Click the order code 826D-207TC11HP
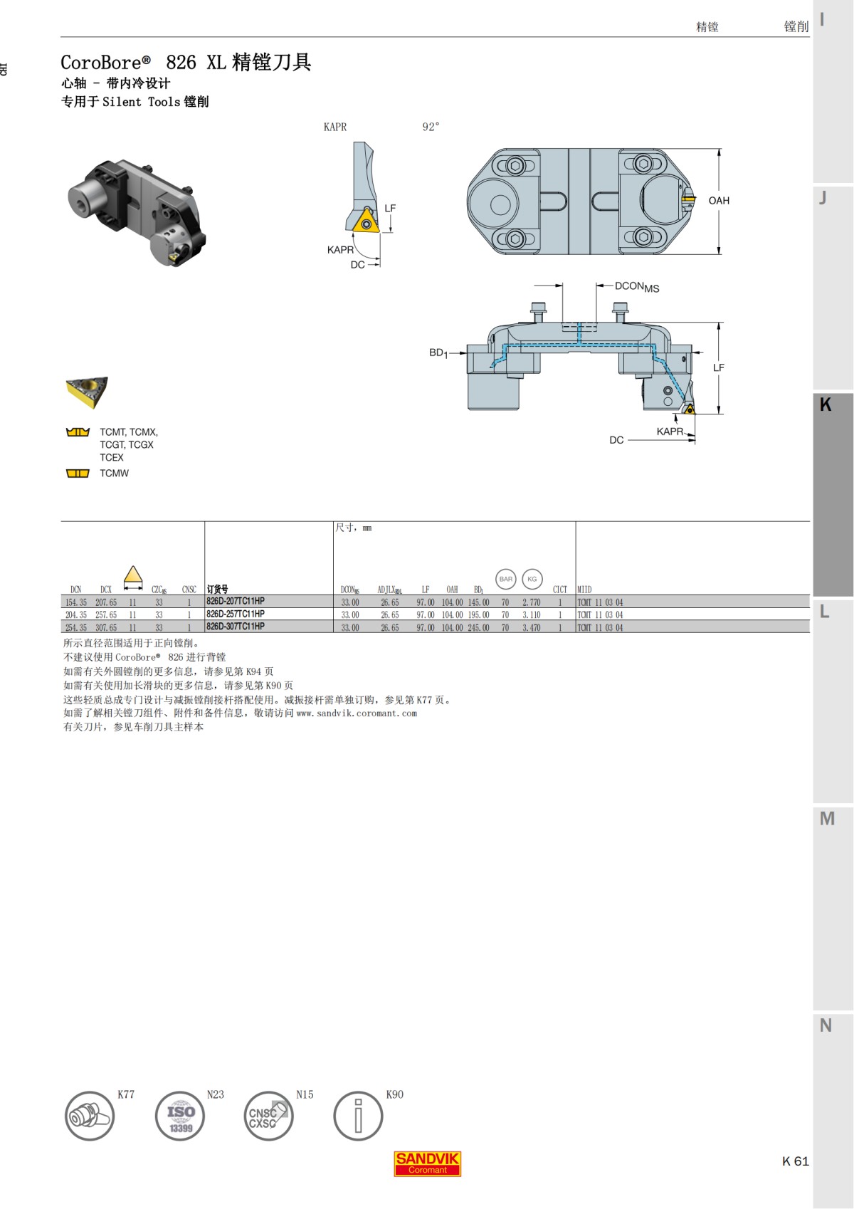point(236,602)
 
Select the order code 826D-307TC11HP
point(236,627)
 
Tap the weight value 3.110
point(531,615)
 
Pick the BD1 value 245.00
point(478,628)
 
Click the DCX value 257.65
point(106,615)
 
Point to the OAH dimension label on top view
point(719,201)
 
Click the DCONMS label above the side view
point(636,287)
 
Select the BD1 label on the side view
point(438,352)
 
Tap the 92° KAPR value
point(431,127)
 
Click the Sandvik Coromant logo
point(427,1163)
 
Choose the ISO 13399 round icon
point(180,1116)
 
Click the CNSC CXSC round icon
point(268,1116)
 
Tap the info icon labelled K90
point(358,1116)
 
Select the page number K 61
point(795,1161)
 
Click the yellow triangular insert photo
point(87,392)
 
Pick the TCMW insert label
point(114,473)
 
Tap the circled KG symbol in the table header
point(532,579)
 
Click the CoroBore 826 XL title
point(186,63)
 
